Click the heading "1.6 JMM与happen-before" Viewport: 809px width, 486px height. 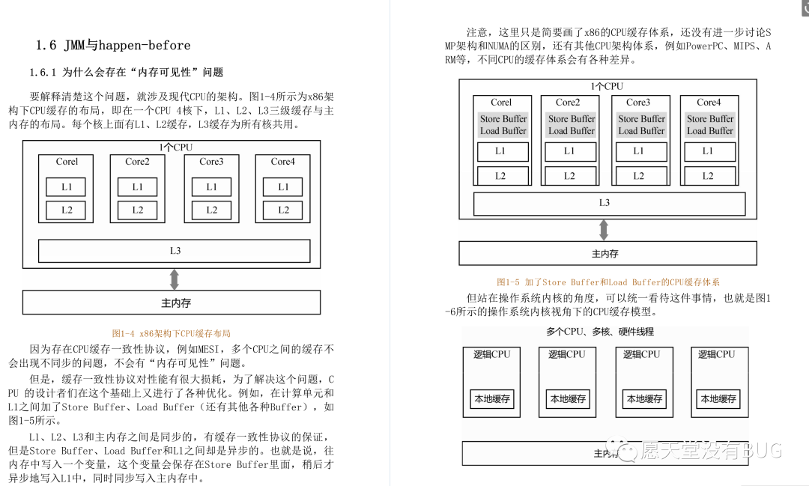[113, 46]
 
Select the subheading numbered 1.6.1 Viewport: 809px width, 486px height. [127, 73]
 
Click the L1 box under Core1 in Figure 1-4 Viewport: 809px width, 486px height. [67, 187]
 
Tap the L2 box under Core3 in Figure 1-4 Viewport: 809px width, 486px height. [211, 210]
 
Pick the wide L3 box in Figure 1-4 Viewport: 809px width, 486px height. [174, 251]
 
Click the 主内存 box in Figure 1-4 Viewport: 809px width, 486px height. [172, 303]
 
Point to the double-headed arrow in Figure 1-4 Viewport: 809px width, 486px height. [175, 279]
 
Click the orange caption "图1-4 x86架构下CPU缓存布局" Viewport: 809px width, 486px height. [172, 333]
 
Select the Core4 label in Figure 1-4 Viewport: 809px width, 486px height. [282, 161]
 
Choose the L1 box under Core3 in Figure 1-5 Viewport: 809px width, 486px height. [638, 151]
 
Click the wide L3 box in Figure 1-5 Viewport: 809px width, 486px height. [604, 203]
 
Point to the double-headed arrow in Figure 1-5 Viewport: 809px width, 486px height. [604, 230]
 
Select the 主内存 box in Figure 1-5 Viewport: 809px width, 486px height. [605, 254]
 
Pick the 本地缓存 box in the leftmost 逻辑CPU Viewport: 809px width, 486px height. [492, 399]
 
